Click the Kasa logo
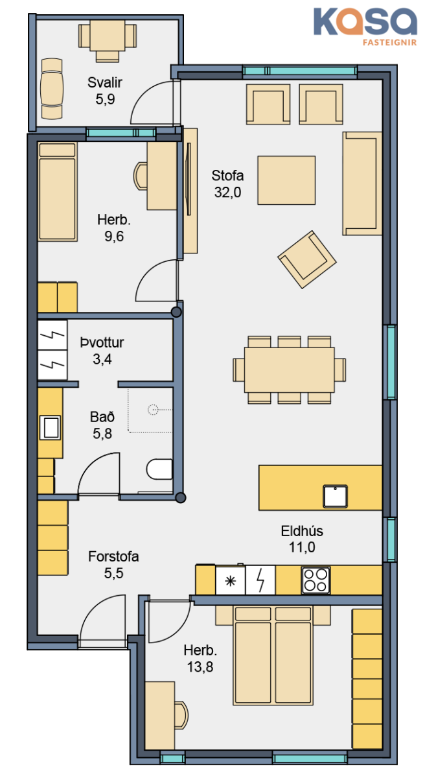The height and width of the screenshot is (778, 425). [x=365, y=27]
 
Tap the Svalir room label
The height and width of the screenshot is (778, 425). [x=105, y=91]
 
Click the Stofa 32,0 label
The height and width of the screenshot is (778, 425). [x=227, y=183]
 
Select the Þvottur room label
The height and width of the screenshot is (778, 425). [x=102, y=351]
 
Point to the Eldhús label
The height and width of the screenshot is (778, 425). [x=302, y=539]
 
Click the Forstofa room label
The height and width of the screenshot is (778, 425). [x=113, y=565]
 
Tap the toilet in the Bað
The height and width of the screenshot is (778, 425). [x=159, y=469]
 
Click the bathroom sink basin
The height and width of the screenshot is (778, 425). [x=51, y=427]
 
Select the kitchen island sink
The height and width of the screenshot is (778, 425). [x=335, y=496]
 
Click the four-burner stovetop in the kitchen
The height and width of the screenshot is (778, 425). [x=316, y=580]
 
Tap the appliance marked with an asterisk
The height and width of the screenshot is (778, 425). [x=231, y=580]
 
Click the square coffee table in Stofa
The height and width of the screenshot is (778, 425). [x=286, y=180]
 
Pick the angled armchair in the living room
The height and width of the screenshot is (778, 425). [x=306, y=259]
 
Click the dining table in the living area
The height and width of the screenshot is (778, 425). [x=290, y=370]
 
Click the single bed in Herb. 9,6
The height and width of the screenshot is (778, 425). [x=57, y=191]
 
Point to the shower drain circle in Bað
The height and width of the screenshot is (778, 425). [x=153, y=410]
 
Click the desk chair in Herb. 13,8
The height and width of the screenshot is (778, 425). [x=182, y=715]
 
